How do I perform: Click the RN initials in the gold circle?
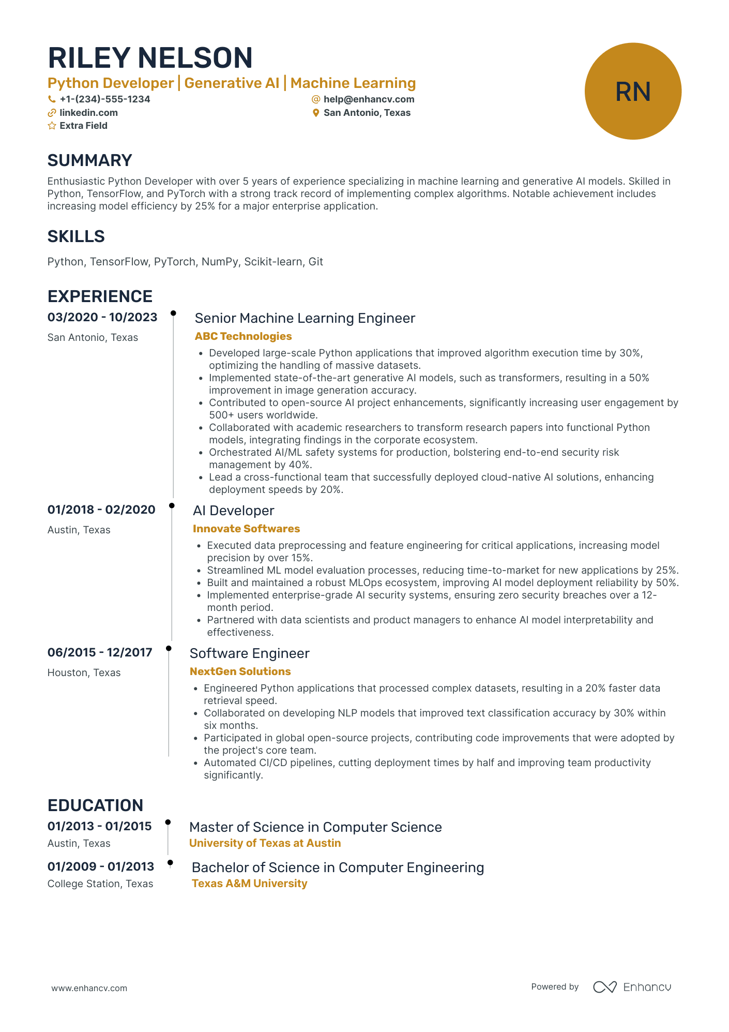[632, 92]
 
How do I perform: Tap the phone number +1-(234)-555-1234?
[104, 99]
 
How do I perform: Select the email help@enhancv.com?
[369, 99]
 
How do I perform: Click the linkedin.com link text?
[88, 113]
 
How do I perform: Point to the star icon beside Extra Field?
[52, 126]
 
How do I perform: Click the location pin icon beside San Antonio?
[316, 113]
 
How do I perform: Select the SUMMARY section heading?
[90, 160]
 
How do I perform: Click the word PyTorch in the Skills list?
[175, 262]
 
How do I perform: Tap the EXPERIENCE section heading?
[100, 296]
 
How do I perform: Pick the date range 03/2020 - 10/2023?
[102, 317]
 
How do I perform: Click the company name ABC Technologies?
[243, 336]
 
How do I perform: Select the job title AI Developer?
[233, 511]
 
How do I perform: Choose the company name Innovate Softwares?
[246, 529]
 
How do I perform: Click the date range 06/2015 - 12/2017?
[100, 652]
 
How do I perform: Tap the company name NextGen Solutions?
[240, 671]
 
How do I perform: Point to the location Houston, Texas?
[84, 672]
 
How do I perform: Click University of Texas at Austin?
[265, 843]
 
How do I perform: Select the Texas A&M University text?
[249, 884]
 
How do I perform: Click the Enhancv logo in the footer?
[632, 987]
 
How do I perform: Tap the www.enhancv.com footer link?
[89, 988]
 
